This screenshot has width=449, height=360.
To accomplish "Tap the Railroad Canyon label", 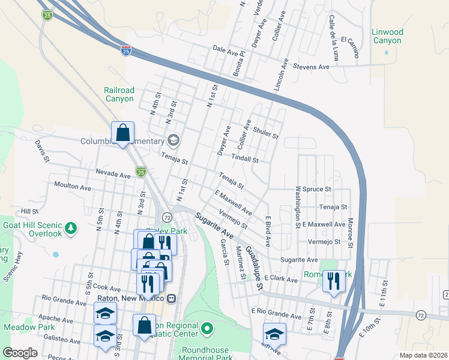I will (119, 94).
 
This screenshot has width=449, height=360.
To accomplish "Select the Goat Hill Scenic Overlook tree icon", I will (71, 228).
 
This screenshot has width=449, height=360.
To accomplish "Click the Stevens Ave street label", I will (311, 67).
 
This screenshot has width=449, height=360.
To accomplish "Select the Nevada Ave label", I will (113, 175).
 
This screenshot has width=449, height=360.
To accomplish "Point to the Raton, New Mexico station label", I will (130, 298).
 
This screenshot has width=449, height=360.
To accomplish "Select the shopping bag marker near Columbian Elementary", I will (122, 133).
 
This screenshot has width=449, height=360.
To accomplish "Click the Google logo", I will (20, 353).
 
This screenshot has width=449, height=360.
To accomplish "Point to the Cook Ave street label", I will (107, 289).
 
